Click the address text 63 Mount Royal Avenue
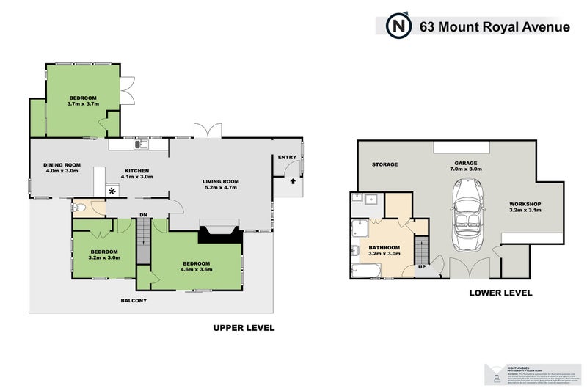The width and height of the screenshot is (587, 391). (494, 27)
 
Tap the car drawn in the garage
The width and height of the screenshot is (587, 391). (467, 213)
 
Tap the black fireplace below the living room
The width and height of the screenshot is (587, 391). (220, 234)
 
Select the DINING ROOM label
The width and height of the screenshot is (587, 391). (62, 165)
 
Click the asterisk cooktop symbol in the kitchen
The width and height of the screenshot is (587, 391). (112, 191)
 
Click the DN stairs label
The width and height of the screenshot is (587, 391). (145, 215)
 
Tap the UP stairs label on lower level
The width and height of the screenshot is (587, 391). (422, 266)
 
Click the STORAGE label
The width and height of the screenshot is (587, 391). (384, 164)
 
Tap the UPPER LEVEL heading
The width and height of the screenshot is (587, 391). (244, 328)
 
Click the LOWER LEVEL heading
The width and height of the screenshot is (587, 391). (500, 293)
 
